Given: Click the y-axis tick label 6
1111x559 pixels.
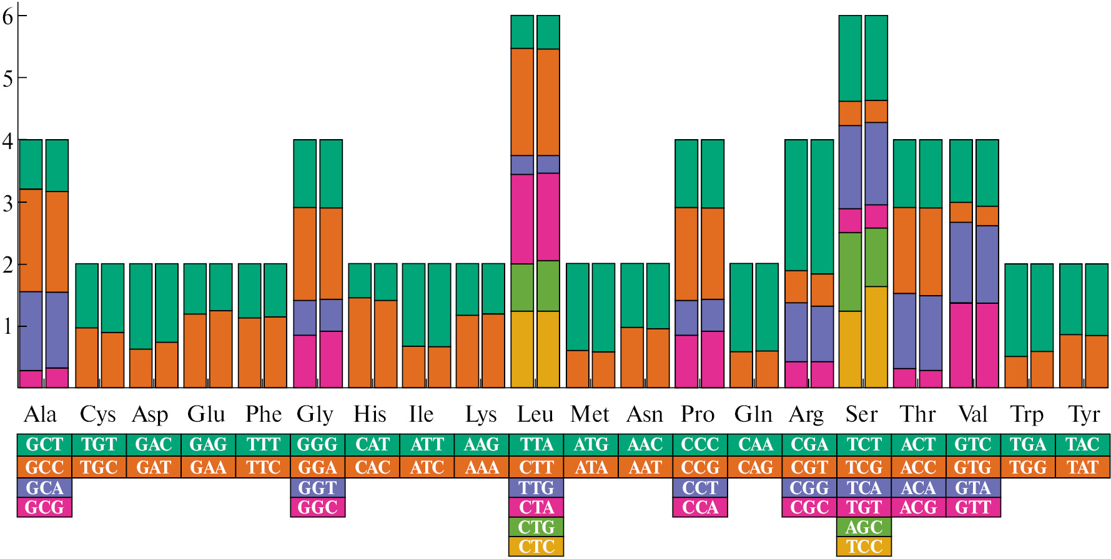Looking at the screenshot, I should point(7,17).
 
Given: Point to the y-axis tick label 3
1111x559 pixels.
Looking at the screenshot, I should point(7,203).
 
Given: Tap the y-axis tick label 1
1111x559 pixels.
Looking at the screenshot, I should point(7,326).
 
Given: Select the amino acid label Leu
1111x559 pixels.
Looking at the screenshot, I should point(535,414).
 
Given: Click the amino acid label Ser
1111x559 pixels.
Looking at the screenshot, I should point(862,414).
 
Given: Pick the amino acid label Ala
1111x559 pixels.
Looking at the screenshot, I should point(40,414).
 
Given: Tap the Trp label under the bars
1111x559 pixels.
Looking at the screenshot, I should point(1027,414).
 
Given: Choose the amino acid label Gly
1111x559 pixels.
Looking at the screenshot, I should point(315,414).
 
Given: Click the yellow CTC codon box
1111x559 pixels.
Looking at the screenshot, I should point(536,547).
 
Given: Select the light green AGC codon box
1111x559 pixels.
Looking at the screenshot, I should point(864,527).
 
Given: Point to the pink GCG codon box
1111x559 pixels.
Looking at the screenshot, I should point(44,507).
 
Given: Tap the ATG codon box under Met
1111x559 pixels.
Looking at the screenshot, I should point(591,444).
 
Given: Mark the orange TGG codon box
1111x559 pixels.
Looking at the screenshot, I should point(1028,467).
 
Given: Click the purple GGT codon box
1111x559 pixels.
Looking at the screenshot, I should point(317,488).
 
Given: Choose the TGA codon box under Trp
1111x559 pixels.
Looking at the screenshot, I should point(1028,444).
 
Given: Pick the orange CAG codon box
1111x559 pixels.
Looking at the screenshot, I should point(755,467).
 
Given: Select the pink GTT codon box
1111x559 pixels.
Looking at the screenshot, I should point(973,507).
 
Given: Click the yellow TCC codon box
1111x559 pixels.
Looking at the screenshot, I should point(864,547).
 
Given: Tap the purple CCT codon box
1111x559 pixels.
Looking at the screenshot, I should point(700,488).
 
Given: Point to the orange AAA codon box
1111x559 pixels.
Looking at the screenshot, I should point(481,467).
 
